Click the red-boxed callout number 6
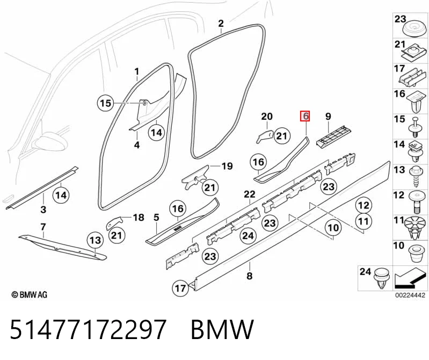305,116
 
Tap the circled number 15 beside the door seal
105,103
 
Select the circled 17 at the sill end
180,289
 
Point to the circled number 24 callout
248,235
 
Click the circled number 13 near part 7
95,240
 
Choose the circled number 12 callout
363,205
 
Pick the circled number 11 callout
363,221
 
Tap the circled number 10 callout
333,228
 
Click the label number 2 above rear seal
221,23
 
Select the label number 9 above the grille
328,117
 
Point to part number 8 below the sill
249,276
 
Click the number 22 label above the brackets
250,195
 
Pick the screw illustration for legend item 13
417,176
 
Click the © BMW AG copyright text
30,294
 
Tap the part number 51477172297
88,329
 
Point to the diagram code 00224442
410,295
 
